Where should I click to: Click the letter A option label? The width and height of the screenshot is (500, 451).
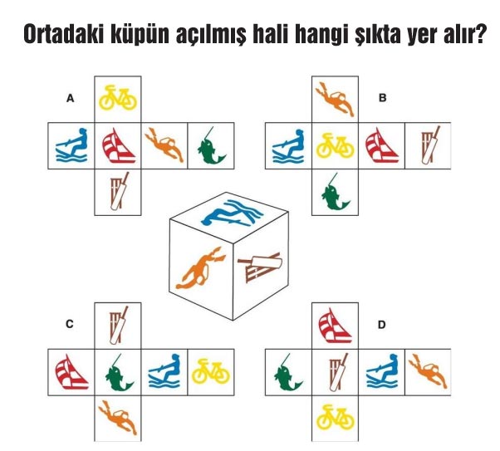(x=71, y=99)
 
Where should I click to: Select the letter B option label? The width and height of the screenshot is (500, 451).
(x=383, y=98)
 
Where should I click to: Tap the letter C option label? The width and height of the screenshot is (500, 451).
(x=71, y=325)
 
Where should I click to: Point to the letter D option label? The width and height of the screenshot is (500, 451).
(x=381, y=325)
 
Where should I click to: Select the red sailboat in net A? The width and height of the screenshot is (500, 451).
(x=117, y=146)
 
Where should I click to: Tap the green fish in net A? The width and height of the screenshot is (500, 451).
(x=209, y=146)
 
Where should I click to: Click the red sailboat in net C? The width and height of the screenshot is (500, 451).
(x=71, y=371)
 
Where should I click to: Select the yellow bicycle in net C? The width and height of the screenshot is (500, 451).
(x=211, y=371)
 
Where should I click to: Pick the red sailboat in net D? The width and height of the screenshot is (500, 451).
(x=335, y=325)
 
